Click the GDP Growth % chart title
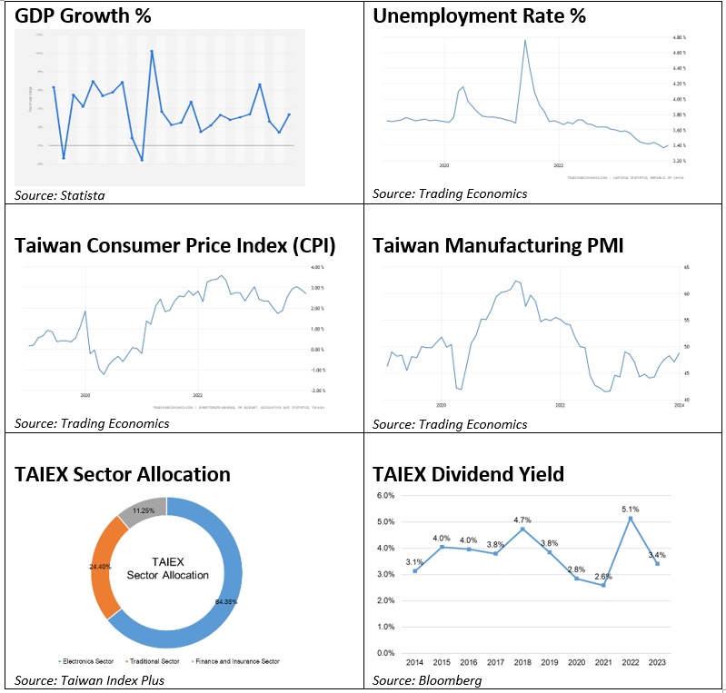83,15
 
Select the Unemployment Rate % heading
479,15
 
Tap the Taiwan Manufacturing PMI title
498,245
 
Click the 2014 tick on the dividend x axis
414,664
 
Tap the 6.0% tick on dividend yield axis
385,496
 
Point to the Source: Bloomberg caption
427,680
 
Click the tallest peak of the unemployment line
525,41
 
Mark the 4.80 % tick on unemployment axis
678,38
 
